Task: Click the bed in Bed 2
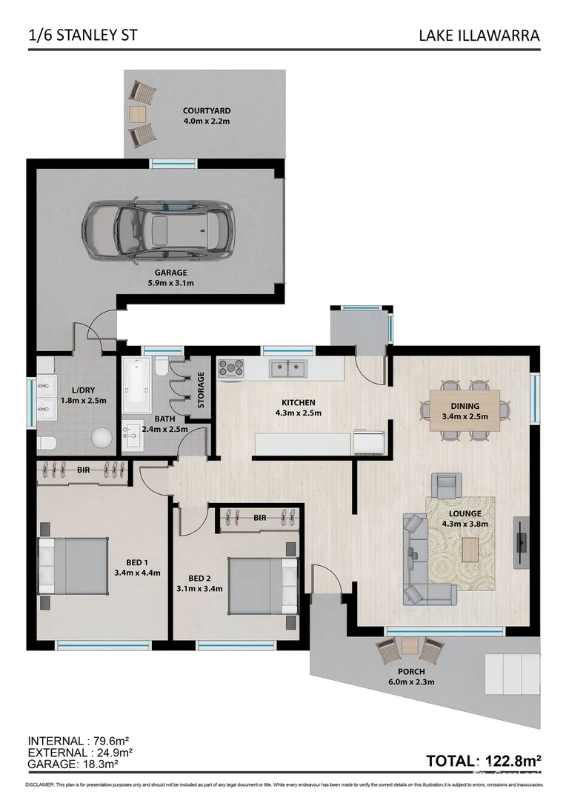(x=261, y=576)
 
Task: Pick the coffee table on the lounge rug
(x=470, y=550)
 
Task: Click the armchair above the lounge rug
(x=445, y=487)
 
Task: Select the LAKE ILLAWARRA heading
(x=479, y=35)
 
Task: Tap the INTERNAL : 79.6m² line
(x=79, y=741)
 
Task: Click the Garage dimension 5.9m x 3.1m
(x=170, y=282)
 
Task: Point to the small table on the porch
(x=409, y=650)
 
